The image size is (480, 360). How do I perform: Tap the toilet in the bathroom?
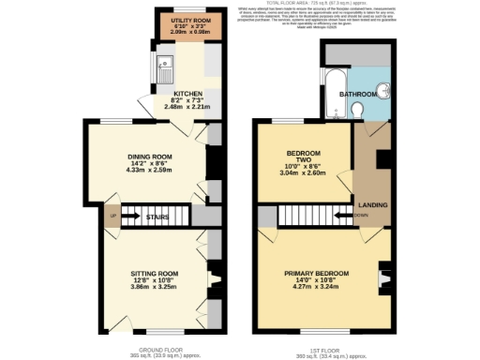(x=364, y=112)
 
